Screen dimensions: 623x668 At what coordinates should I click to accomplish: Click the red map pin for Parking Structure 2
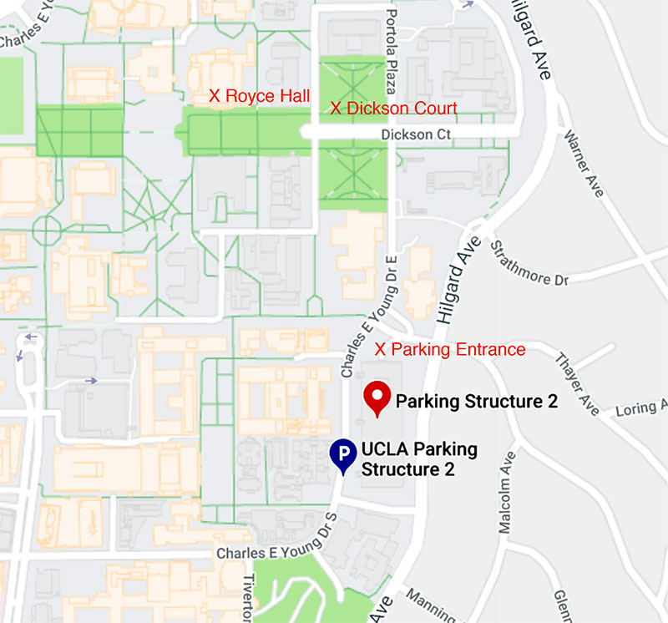coord(377,397)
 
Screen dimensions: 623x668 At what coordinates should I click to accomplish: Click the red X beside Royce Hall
coord(215,97)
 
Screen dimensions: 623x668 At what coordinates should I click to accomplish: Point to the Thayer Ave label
coord(577,384)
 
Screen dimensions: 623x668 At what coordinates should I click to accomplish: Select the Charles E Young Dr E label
coord(368,318)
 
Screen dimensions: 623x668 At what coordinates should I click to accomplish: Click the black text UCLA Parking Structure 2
coord(418,459)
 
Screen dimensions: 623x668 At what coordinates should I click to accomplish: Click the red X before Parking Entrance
coord(381,349)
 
